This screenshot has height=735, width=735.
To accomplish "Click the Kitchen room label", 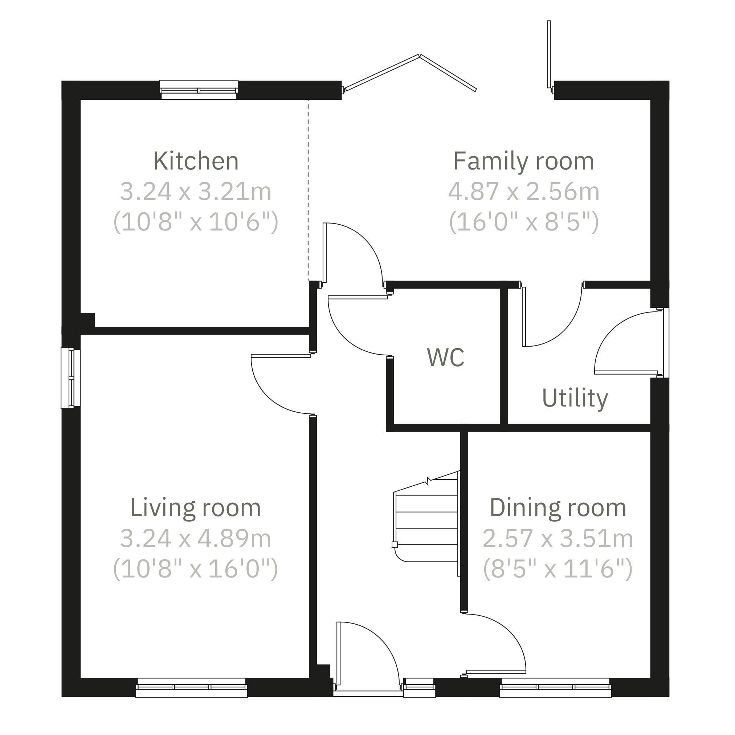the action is click(x=196, y=161).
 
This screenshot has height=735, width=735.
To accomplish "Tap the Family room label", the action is click(x=523, y=162).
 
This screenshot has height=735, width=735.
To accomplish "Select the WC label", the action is click(x=445, y=357).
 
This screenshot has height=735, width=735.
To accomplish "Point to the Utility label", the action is click(x=575, y=399).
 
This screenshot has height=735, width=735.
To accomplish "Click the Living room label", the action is click(x=196, y=507).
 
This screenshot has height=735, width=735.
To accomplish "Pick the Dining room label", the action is click(x=558, y=507).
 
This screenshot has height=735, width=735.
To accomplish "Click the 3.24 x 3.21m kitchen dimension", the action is click(x=196, y=191).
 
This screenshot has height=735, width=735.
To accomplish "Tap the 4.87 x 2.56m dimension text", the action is click(x=523, y=191).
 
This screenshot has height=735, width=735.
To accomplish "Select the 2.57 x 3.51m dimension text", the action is click(x=558, y=538).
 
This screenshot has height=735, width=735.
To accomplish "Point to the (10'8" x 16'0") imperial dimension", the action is click(x=196, y=569).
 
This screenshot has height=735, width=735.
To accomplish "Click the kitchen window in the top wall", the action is click(x=199, y=90).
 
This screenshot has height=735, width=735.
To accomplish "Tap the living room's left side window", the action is click(x=71, y=378).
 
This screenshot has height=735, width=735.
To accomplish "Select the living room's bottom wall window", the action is click(x=191, y=687).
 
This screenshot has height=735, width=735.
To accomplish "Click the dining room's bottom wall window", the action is click(x=555, y=687).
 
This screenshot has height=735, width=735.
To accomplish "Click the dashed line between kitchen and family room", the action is click(x=308, y=190).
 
